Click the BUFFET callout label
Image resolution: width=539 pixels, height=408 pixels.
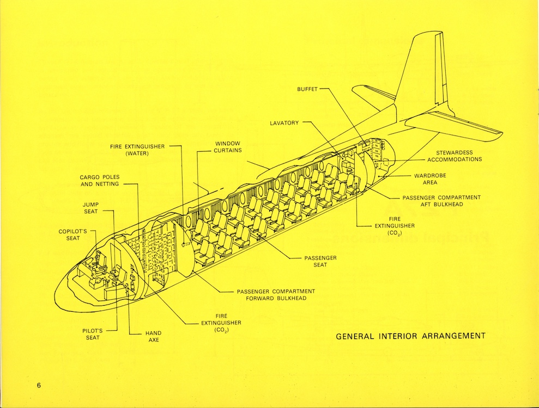pyautogui.click(x=308, y=89)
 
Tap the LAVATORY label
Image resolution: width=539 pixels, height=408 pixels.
pyautogui.click(x=284, y=123)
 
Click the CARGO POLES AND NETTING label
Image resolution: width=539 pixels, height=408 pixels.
pyautogui.click(x=100, y=181)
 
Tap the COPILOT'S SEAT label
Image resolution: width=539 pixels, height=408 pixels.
pyautogui.click(x=73, y=234)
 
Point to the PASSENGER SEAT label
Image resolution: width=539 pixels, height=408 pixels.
pyautogui.click(x=320, y=261)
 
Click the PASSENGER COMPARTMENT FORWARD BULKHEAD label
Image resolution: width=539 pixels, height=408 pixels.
pyautogui.click(x=276, y=295)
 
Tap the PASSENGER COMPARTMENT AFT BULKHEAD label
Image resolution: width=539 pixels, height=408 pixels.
pyautogui.click(x=441, y=201)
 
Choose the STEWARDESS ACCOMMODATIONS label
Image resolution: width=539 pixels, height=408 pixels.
pyautogui.click(x=455, y=156)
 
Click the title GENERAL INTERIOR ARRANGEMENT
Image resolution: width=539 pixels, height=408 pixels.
pyautogui.click(x=410, y=336)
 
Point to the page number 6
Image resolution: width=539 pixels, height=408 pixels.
pyautogui.click(x=39, y=386)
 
